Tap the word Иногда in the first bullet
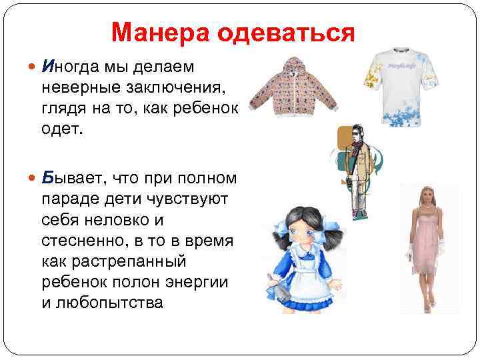tap(71, 67)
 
